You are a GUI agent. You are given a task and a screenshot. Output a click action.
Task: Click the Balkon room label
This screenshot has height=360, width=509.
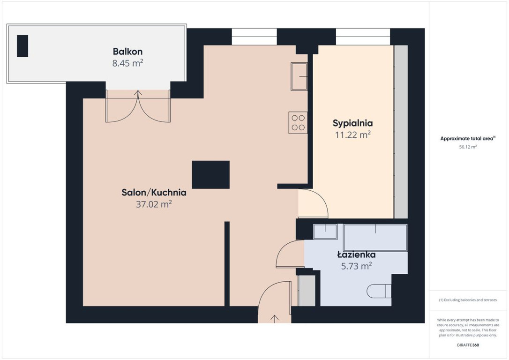click(127, 51)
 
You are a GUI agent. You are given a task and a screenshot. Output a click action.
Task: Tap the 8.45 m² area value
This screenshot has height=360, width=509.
click(127, 63)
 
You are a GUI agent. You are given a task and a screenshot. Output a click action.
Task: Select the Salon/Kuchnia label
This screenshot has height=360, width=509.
click(154, 192)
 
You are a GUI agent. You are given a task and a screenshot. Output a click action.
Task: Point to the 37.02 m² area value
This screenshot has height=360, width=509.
click(154, 204)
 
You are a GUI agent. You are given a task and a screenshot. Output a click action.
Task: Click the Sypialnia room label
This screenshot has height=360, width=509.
click(352, 123)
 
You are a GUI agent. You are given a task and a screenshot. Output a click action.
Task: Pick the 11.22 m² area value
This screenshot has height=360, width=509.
click(353, 135)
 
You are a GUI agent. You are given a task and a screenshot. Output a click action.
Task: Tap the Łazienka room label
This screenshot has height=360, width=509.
click(356, 254)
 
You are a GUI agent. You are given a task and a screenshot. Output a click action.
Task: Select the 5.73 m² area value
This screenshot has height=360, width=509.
click(356, 266)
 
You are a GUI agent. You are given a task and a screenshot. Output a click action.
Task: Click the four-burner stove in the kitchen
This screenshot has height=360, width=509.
click(298, 123)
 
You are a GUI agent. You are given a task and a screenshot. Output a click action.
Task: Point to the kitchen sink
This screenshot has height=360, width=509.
click(299, 76)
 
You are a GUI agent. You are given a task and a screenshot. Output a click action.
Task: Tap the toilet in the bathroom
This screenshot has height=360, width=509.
click(379, 291)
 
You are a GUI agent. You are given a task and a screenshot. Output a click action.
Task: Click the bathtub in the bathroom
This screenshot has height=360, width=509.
click(375, 238)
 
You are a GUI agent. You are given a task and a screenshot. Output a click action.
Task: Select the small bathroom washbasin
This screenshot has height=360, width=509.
click(325, 232)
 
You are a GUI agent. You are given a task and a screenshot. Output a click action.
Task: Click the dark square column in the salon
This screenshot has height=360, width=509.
click(210, 175)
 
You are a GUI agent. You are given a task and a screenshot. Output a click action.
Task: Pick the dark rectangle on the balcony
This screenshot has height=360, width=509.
click(22, 46)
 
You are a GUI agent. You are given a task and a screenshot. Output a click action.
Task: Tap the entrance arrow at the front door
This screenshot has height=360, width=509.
click(275, 319)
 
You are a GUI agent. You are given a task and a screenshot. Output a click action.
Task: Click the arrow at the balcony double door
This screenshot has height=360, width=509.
click(138, 94)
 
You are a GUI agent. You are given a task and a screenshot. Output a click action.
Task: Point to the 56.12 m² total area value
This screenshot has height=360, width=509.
click(468, 147)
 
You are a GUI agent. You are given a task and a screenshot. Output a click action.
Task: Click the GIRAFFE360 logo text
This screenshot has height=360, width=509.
click(468, 345)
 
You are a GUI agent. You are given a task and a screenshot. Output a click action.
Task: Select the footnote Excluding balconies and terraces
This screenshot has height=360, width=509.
click(468, 300)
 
